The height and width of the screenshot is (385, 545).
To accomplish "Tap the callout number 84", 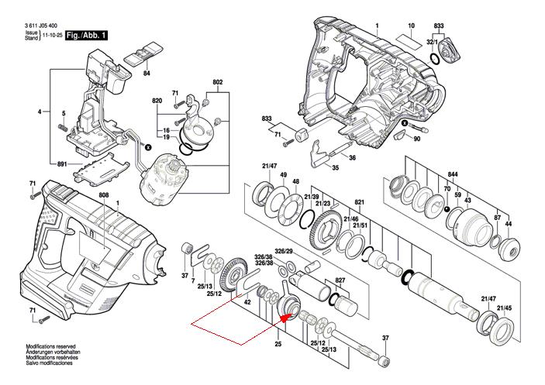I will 146,74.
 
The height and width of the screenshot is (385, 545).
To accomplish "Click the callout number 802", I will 218,82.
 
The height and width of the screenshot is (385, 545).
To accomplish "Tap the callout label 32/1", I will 432,41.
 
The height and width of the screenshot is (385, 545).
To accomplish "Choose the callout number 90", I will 416,139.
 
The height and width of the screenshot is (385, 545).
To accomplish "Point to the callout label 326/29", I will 283,252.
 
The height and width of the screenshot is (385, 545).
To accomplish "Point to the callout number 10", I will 411,26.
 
